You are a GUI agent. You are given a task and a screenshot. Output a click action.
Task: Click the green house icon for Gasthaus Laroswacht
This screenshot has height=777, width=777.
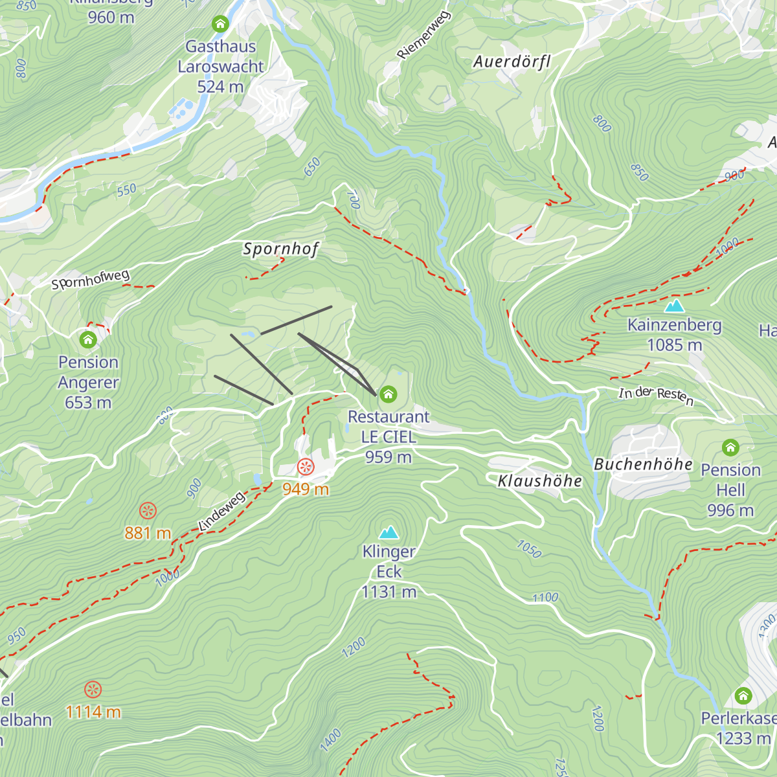coord(220,25)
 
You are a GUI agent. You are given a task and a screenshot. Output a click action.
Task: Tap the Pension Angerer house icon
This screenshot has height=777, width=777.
coord(88,339)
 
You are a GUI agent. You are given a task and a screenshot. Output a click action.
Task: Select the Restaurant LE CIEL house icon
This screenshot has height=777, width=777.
coord(388,394)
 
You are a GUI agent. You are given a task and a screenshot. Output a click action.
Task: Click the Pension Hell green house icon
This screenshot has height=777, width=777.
coord(730,447)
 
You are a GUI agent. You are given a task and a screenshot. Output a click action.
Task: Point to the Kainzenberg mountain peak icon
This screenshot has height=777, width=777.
coord(675,305)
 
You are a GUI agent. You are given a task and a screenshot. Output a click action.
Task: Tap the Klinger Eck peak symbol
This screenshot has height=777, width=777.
coord(388,532)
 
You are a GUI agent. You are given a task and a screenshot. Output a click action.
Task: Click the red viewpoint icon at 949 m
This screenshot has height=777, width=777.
coord(305,466)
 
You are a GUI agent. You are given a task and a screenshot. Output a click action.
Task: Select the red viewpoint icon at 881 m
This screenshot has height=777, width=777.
coord(148,510)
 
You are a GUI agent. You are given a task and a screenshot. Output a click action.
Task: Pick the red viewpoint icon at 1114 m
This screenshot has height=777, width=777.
coord(93,689)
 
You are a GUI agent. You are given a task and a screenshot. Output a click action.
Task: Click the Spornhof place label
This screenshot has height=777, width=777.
coord(281,249)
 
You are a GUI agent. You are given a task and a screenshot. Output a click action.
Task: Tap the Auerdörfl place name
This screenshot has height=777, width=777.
coord(512,62)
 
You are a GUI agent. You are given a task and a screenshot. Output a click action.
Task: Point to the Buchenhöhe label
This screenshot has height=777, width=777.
coord(643,464)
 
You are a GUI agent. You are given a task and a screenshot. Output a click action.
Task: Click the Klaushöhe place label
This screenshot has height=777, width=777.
coord(539,481)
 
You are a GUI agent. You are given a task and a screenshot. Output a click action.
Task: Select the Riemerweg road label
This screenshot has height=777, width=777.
coord(423,36)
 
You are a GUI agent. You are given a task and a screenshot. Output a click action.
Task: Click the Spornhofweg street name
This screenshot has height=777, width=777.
coord(91,280)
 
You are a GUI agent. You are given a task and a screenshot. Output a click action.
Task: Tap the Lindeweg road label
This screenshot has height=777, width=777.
coord(221,512)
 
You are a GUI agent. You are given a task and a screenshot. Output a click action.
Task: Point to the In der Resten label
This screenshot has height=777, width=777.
coord(656,396)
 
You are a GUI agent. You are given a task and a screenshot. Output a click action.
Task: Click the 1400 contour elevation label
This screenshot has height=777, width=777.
coord(330,739)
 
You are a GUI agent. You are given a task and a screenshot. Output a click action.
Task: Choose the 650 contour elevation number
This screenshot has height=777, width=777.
coord(312,167)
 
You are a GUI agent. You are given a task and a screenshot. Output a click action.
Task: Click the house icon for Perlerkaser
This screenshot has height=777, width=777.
coord(743,696)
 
